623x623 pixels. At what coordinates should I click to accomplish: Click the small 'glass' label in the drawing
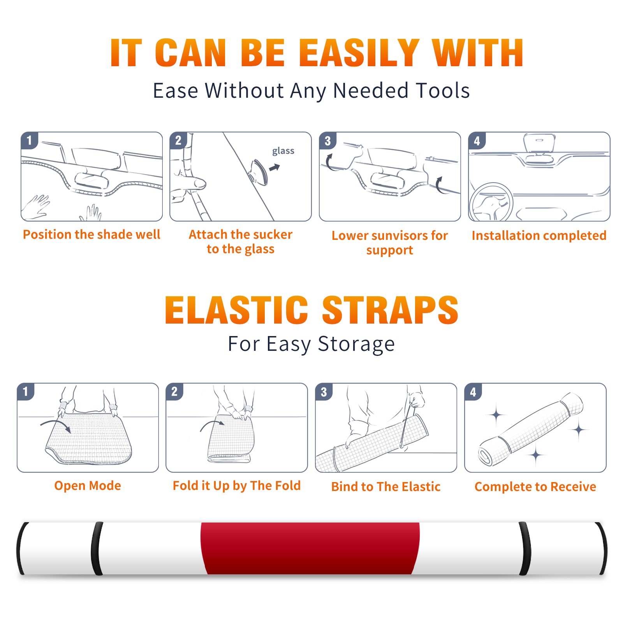[x=283, y=151]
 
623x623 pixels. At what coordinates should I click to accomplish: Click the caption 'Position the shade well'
[x=92, y=234]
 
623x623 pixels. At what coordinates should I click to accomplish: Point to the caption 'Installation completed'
[x=539, y=236]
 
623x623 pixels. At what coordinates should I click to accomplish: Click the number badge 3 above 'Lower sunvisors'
[x=327, y=141]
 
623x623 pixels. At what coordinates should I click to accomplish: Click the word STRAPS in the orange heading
[x=390, y=310]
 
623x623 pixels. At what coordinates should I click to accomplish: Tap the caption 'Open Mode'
[x=88, y=486]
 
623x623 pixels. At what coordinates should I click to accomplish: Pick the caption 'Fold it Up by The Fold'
[x=237, y=486]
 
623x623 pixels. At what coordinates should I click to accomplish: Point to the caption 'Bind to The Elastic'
[x=386, y=487]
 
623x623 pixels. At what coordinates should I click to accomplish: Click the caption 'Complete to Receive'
[x=535, y=487]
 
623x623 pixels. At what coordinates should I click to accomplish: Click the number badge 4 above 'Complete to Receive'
[x=473, y=392]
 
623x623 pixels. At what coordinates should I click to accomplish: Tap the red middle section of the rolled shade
[x=310, y=548]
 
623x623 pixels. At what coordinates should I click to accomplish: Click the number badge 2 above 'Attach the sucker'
[x=178, y=141]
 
